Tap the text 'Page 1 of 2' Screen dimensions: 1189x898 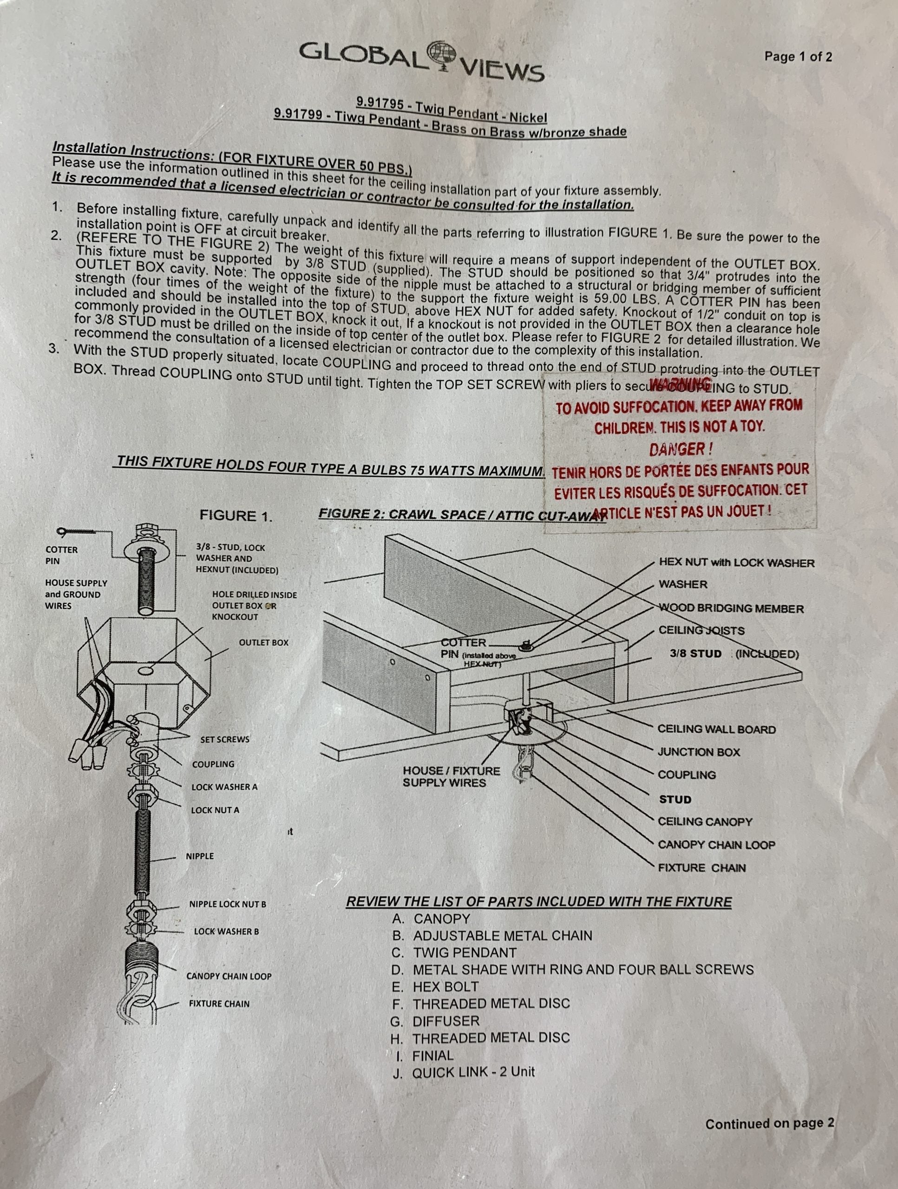click(798, 57)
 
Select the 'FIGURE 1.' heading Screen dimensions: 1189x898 click(236, 516)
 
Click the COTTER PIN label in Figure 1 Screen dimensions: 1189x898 click(61, 555)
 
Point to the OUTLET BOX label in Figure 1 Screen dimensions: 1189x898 click(263, 642)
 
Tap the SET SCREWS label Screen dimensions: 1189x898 click(225, 739)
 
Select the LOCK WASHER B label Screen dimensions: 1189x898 click(226, 931)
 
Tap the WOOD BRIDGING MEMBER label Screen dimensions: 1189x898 click(731, 608)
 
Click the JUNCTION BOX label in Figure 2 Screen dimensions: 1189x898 click(699, 752)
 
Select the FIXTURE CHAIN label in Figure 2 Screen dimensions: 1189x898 click(702, 868)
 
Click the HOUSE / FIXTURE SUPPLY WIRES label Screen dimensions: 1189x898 click(451, 777)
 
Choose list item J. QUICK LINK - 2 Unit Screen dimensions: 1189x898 click(464, 1072)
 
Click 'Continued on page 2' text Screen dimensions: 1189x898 click(769, 1124)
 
